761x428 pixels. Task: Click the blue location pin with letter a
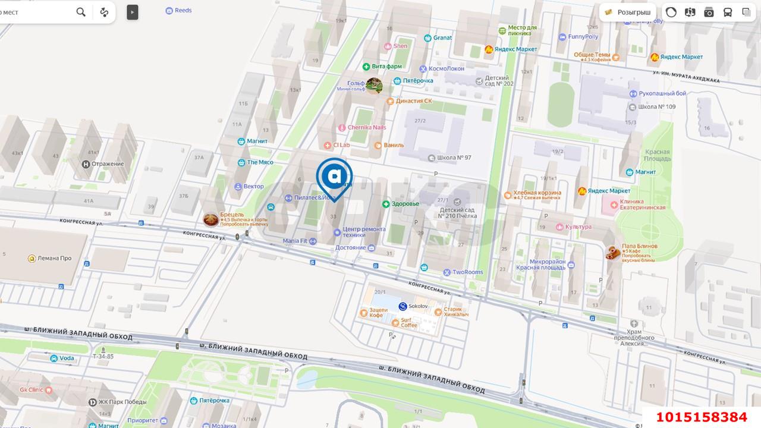[334, 176]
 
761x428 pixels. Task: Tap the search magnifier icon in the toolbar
[81, 12]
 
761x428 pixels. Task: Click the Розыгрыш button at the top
[628, 12]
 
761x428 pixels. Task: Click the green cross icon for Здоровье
[386, 204]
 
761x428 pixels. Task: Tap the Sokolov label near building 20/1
[417, 306]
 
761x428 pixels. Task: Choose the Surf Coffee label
[408, 323]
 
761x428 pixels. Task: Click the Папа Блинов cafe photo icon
[613, 253]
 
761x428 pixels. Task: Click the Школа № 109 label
[656, 107]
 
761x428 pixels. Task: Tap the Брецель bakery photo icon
[210, 220]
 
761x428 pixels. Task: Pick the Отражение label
[108, 164]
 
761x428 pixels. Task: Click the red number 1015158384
[701, 417]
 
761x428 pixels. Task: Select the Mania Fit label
[295, 241]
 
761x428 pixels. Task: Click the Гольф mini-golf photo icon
[374, 86]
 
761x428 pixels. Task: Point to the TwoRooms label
[467, 272]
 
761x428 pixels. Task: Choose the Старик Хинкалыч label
[456, 311]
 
